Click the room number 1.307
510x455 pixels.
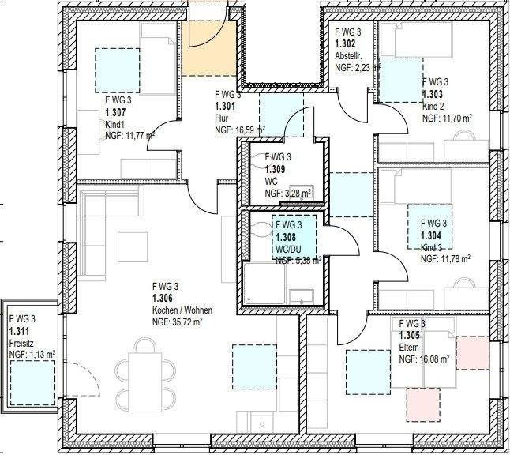(115, 113)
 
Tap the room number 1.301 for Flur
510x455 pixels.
(225, 106)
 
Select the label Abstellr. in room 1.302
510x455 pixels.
(348, 56)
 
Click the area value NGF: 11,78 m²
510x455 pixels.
(446, 258)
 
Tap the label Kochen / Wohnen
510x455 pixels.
(182, 310)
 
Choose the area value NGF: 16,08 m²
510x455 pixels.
(425, 359)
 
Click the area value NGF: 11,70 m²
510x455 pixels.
(447, 118)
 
